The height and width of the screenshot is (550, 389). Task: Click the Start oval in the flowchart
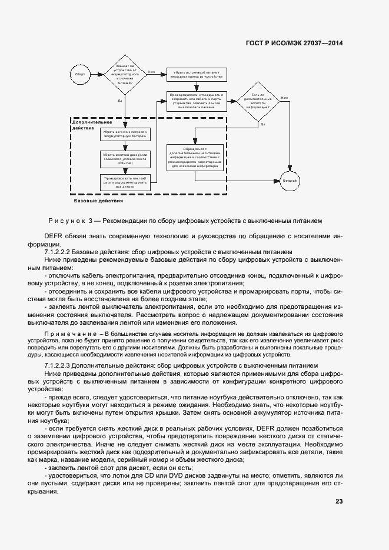tap(79, 74)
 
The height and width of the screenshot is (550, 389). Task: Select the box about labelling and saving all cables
tap(197, 101)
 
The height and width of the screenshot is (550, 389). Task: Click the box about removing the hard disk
tap(125, 158)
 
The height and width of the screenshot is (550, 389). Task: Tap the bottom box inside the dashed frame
tap(125, 182)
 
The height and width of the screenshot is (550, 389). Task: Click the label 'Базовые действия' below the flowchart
tap(98, 201)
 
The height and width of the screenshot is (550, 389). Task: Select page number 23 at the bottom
tap(339, 501)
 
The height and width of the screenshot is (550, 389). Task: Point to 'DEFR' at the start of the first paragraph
tap(54, 236)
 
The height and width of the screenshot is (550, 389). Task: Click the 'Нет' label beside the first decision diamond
tap(151, 72)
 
